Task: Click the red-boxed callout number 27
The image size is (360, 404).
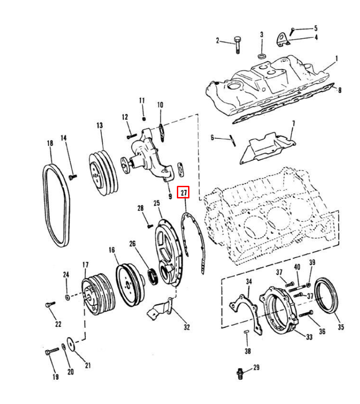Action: (x=184, y=193)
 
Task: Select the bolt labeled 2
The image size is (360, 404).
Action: (x=237, y=45)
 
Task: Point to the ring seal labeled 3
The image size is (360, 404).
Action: (x=262, y=56)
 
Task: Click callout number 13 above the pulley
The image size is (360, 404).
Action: (x=100, y=126)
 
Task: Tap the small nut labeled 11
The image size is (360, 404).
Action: (x=144, y=119)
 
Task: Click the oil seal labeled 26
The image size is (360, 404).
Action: (x=154, y=277)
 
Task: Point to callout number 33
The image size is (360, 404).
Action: (x=309, y=337)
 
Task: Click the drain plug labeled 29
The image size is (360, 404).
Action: (x=240, y=373)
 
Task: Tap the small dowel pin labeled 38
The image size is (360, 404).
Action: (x=246, y=332)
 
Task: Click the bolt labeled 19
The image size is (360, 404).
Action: (x=52, y=351)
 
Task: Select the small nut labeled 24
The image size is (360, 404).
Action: (x=67, y=298)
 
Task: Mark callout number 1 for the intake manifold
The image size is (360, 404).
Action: (x=336, y=59)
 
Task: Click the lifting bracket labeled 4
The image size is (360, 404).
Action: (x=283, y=40)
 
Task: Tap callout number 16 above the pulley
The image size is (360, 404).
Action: (x=112, y=250)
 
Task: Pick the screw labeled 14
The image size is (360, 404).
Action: (x=72, y=177)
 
